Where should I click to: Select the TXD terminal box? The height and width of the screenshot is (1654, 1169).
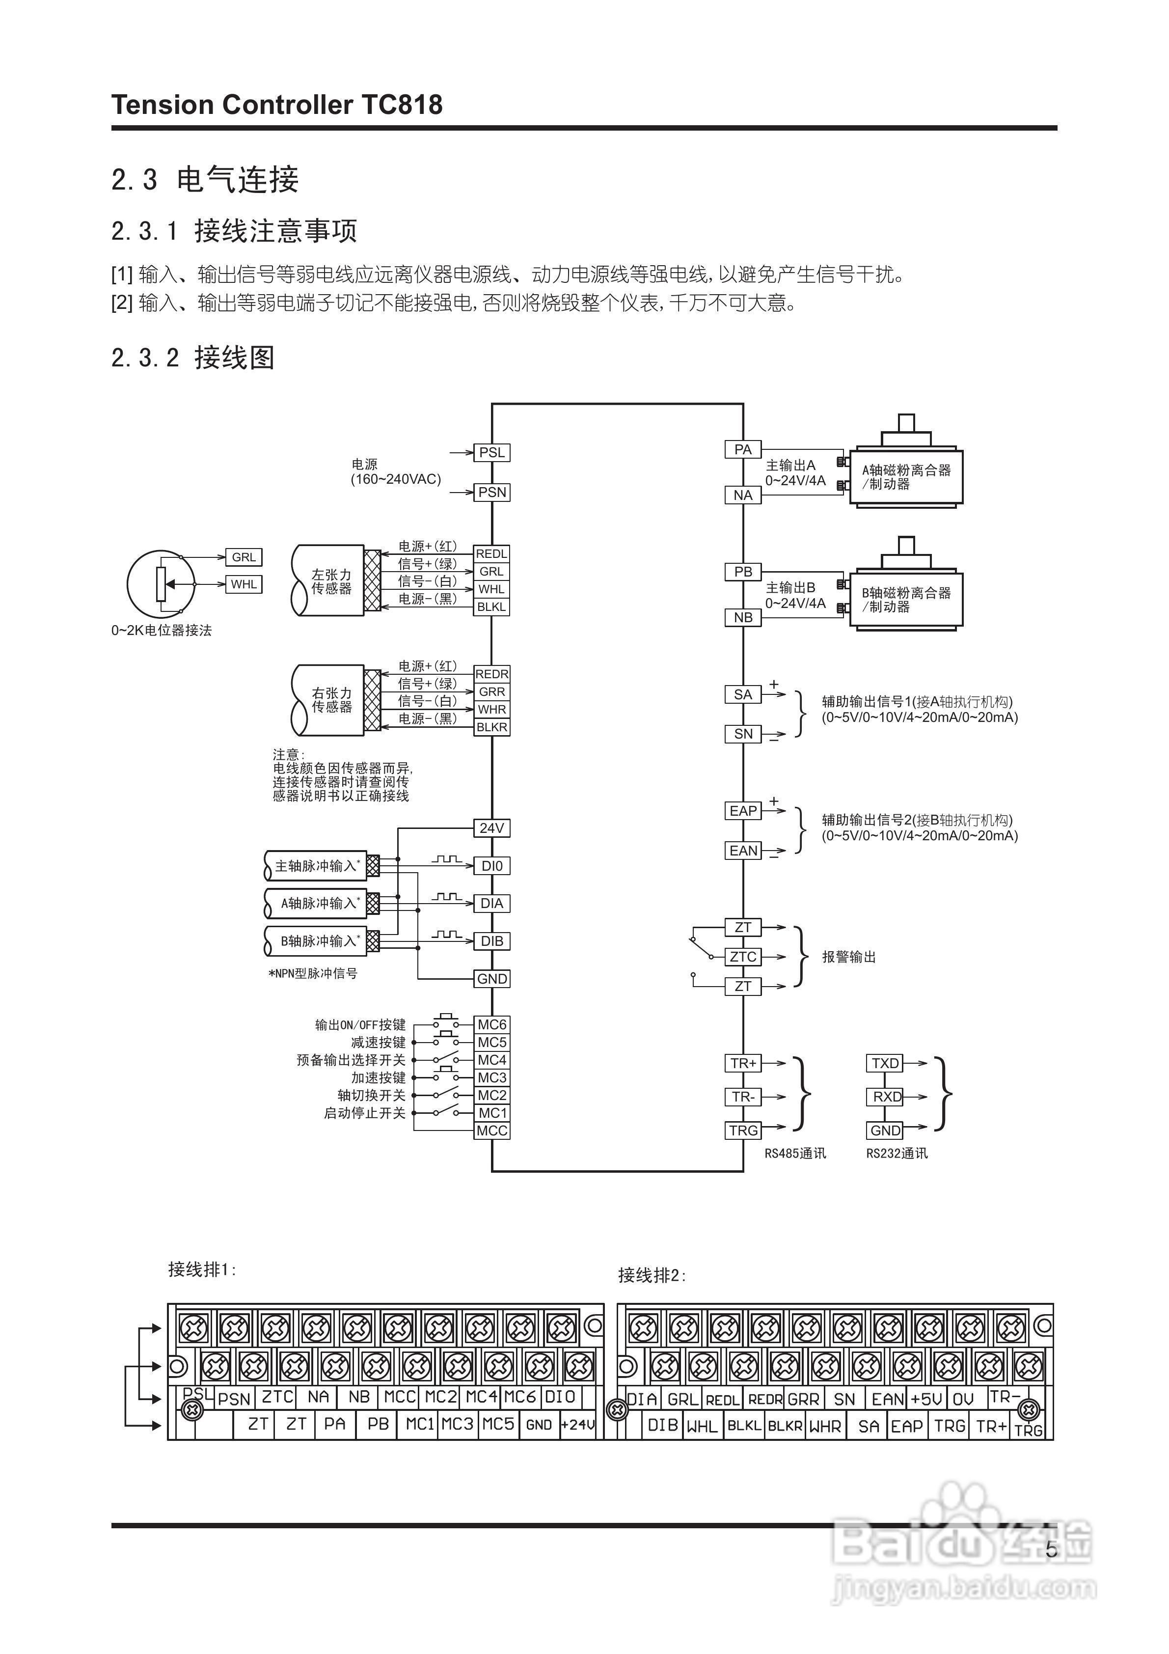[x=885, y=1063]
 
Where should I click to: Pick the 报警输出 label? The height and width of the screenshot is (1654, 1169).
[x=848, y=957]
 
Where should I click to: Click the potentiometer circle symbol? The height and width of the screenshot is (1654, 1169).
[x=161, y=583]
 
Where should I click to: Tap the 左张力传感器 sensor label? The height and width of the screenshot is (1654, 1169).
[x=331, y=581]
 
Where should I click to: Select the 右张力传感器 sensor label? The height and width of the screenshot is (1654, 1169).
[x=331, y=700]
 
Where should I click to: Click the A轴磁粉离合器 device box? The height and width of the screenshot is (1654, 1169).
[x=906, y=477]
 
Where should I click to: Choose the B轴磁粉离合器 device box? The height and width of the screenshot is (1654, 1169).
[x=906, y=599]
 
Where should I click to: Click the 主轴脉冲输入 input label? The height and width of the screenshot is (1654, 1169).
[x=316, y=866]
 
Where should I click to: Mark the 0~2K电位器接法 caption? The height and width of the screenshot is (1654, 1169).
[x=162, y=631]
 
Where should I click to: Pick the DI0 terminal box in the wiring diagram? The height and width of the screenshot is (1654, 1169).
[x=492, y=866]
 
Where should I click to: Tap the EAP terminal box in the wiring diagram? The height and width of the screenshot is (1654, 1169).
[x=743, y=811]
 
